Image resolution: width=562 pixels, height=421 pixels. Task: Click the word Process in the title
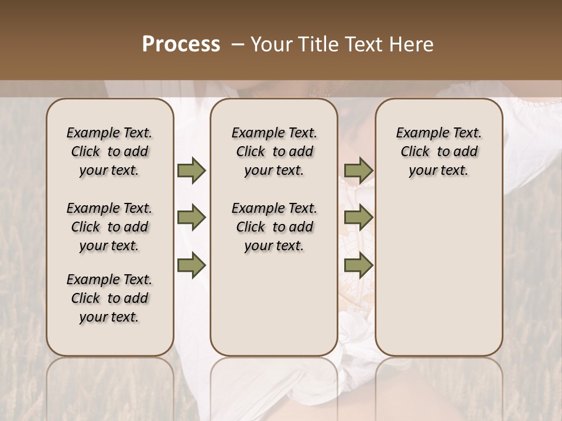click(x=181, y=44)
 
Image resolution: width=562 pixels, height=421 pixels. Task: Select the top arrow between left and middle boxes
click(x=191, y=171)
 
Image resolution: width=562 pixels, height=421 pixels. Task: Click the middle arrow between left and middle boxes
click(x=191, y=218)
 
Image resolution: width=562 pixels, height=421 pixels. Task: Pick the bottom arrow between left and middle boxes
click(x=191, y=265)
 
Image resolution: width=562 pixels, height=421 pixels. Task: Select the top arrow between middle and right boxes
click(x=358, y=171)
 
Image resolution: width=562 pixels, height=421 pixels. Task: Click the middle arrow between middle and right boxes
click(x=358, y=218)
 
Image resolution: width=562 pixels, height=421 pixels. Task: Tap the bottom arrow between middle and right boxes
click(x=358, y=265)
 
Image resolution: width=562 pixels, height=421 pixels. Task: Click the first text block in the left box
click(x=109, y=151)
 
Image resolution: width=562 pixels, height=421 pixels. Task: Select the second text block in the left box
click(x=109, y=227)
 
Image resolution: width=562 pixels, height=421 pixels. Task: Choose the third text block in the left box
click(x=109, y=298)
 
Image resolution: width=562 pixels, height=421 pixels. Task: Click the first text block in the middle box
click(x=274, y=151)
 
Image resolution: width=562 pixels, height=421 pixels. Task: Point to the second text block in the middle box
click(x=274, y=227)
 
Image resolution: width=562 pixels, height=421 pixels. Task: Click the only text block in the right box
click(x=439, y=151)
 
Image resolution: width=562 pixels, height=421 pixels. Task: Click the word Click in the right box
click(x=415, y=152)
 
